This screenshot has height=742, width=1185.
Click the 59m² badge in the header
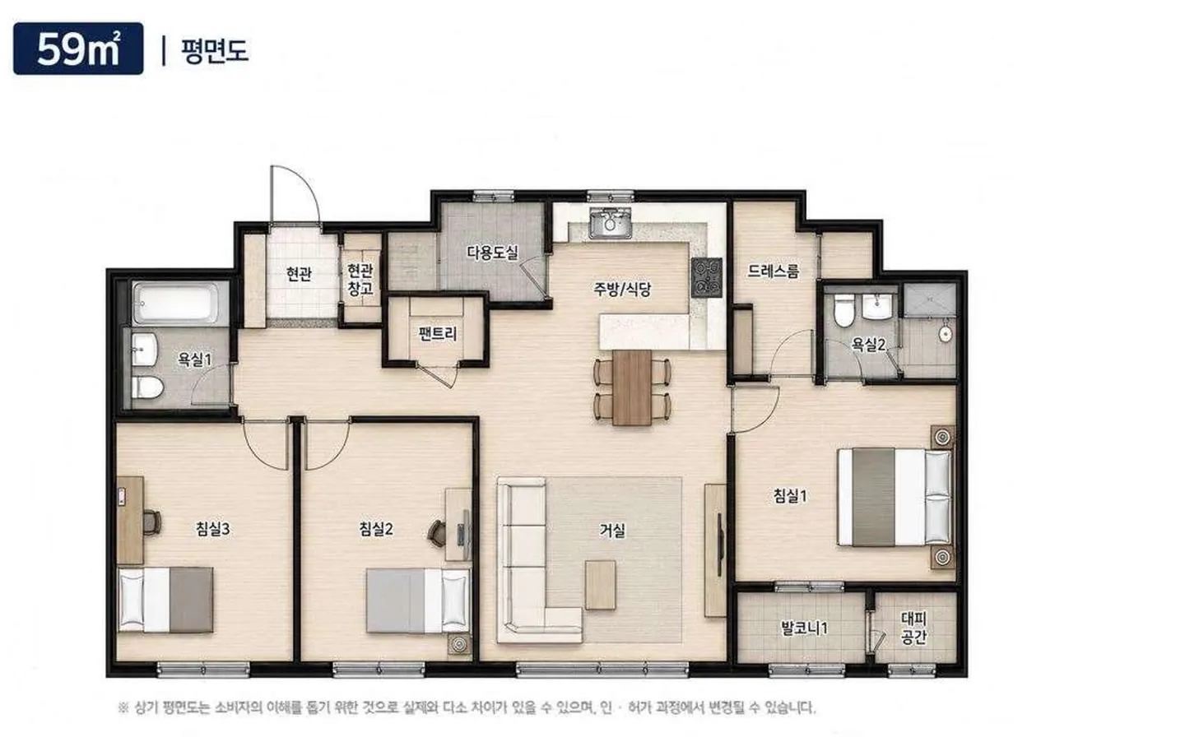pos(78,49)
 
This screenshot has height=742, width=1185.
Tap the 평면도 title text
pos(214,51)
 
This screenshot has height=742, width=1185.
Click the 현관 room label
pos(299,273)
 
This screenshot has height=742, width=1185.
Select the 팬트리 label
pos(437,334)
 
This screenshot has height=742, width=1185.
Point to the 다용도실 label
pos(492,253)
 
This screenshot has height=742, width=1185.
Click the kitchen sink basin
pos(611,223)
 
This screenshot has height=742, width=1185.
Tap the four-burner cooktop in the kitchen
pos(706,277)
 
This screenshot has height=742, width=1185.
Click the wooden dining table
pos(632,387)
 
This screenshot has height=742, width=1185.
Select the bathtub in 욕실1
pos(175,303)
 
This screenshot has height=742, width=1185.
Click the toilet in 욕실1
pos(146,387)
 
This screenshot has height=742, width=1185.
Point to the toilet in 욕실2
pos(844,310)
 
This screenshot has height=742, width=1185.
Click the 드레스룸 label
pos(774,271)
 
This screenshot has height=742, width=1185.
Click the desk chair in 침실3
pos(151,522)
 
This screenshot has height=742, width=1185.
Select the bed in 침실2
pos(418,601)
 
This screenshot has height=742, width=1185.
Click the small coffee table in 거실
pos(601,585)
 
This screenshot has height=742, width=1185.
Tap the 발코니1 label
pos(804,628)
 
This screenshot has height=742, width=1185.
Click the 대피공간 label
pos(913,628)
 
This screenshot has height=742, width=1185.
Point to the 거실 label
pos(612,531)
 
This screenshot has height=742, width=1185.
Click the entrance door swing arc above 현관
pos(306,182)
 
